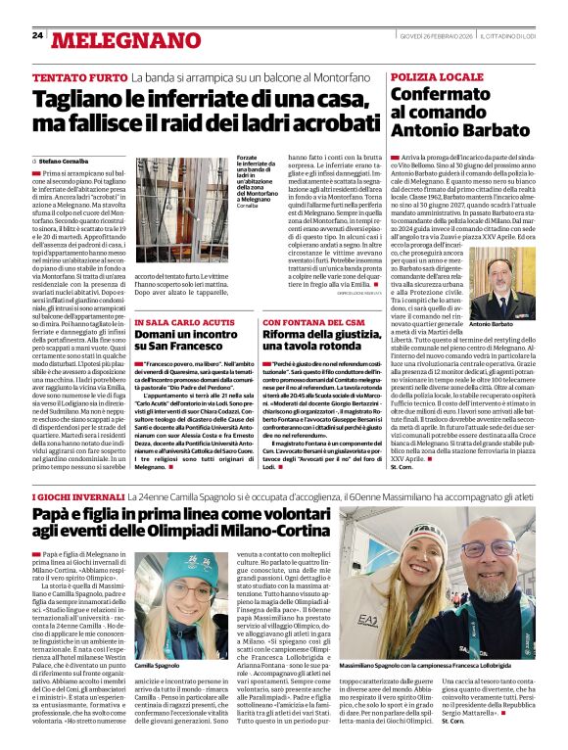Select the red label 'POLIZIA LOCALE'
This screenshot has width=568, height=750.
point(437,76)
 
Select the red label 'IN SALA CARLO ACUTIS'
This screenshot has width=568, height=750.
point(183,296)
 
